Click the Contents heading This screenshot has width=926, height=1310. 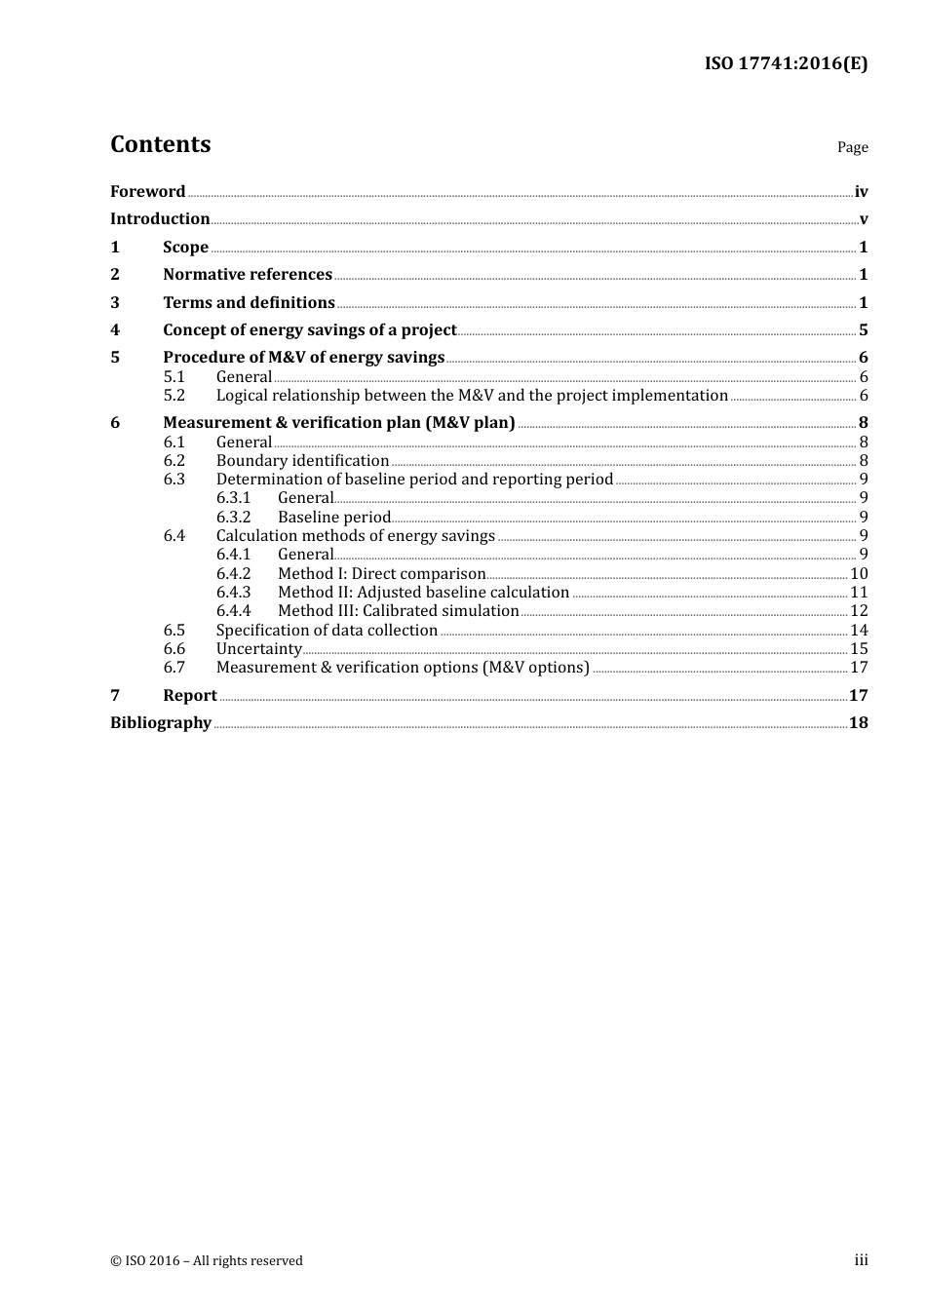pos(161,144)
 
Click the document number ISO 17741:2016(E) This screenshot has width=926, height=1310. pos(786,63)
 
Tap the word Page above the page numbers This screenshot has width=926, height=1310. pos(852,147)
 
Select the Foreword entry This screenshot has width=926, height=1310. pos(147,191)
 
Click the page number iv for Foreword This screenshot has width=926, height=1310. pos(861,192)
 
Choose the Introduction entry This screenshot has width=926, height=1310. pos(160,218)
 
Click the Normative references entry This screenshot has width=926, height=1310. pos(248,274)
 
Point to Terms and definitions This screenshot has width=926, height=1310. pos(249,302)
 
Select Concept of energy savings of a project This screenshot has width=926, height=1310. pos(310,329)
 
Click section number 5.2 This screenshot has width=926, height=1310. pos(174,395)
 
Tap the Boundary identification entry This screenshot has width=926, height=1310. pos(302,460)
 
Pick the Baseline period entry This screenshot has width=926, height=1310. pos(334,517)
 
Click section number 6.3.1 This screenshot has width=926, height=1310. pos(234,497)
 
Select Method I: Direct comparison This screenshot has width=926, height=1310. pos(381,573)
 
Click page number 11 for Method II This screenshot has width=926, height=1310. pos(859,592)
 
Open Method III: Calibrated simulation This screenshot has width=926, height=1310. pos(398,610)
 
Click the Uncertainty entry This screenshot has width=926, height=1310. pos(259,648)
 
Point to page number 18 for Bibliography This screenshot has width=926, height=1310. pos(858,722)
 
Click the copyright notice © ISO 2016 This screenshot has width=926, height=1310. pos(207,1260)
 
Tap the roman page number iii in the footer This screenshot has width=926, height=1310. pos(861,1259)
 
